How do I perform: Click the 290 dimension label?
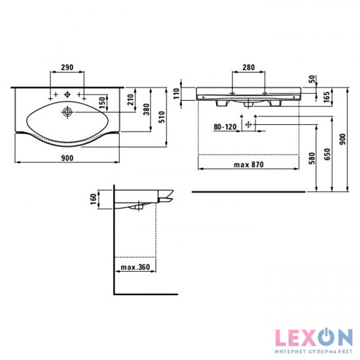[67, 67]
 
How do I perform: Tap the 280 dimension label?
[249, 67]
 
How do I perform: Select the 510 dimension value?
[162, 117]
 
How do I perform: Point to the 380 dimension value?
[146, 109]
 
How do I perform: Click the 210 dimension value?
[131, 99]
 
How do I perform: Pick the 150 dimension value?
[102, 103]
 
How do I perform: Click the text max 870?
[249, 164]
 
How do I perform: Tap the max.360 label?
[135, 267]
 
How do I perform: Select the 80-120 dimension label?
[225, 127]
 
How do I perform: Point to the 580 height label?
[312, 158]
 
